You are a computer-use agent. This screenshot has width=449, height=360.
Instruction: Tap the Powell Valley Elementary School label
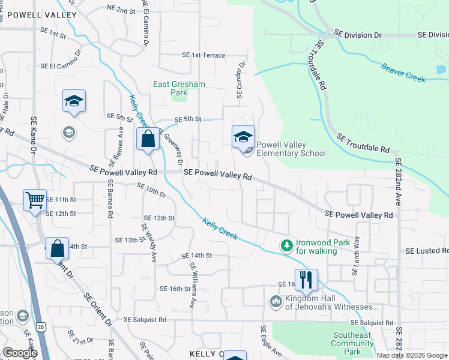(291, 149)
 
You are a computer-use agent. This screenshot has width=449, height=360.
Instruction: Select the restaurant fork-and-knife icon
(306, 278)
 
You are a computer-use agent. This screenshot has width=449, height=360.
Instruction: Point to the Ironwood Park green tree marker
(287, 245)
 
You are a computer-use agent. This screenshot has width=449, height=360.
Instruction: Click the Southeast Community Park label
(352, 343)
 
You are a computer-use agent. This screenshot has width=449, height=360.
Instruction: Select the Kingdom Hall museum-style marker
(276, 301)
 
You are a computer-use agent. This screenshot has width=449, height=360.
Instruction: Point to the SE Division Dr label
(358, 35)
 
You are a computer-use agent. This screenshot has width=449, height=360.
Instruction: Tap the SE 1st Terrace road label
(203, 55)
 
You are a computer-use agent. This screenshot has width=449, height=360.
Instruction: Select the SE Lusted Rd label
(426, 251)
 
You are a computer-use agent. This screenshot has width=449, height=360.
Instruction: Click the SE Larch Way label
(357, 256)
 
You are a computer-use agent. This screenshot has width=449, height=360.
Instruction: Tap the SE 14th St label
(197, 256)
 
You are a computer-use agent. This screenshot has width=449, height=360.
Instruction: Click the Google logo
(19, 353)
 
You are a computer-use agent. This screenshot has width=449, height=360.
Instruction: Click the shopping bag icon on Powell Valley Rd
(147, 139)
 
